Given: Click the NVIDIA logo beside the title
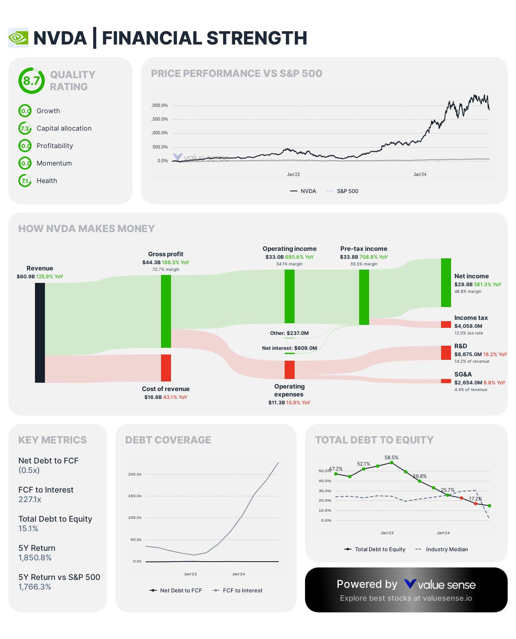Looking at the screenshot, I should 18,38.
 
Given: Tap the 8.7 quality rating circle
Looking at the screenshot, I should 31,81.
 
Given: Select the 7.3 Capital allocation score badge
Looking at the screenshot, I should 25,129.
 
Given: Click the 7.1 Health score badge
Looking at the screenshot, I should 25,181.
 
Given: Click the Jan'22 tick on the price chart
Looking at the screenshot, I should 293,174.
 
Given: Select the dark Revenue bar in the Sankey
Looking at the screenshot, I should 40,332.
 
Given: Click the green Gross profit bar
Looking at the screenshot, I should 166,311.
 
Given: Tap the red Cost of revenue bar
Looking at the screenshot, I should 166,368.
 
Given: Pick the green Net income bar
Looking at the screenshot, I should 446,282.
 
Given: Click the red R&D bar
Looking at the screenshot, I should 446,353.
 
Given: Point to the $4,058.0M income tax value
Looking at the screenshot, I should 468,326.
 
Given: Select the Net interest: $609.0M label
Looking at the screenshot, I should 289,348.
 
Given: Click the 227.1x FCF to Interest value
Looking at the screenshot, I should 30,500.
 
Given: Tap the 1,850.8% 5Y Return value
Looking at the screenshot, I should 35,558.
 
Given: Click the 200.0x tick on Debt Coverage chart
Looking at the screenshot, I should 135,474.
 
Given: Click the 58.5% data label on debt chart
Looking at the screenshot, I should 391,458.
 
